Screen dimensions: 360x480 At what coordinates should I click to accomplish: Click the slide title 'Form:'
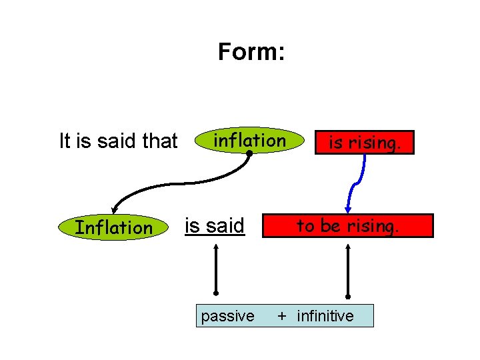coord(251,52)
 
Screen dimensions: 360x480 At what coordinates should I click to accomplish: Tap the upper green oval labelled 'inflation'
coord(249,141)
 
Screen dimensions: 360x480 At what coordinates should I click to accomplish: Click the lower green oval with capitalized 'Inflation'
coord(113,227)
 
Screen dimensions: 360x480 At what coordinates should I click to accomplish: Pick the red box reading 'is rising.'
coord(365,142)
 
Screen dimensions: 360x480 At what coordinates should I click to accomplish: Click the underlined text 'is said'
coord(215,226)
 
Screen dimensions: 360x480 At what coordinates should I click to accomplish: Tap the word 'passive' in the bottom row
coord(227,316)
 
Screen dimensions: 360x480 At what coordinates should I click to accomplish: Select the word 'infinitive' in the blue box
coord(325,316)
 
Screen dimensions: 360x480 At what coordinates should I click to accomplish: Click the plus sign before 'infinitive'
coord(283,316)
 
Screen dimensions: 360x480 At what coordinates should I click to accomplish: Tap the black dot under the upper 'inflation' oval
coord(248,154)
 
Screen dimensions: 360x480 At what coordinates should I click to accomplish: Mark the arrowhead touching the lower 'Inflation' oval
coord(115,209)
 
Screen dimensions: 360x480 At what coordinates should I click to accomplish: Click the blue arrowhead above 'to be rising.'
coord(347,208)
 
